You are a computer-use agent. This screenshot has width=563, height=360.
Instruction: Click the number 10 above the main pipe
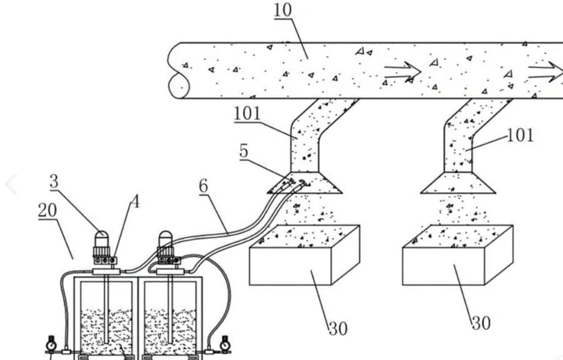tap(283, 10)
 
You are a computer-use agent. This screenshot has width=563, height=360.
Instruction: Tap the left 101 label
tap(247, 114)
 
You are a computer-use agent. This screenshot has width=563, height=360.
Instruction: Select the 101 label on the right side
tap(520, 135)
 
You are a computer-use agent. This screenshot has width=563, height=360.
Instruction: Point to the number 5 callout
tap(244, 151)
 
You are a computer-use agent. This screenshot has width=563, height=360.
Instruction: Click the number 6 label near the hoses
tap(203, 186)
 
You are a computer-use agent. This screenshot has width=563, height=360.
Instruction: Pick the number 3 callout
tap(54, 181)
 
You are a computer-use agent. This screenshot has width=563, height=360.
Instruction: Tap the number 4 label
tap(134, 202)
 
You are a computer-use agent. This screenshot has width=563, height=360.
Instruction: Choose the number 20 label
tap(48, 210)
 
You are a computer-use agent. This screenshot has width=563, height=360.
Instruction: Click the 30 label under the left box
tap(338, 329)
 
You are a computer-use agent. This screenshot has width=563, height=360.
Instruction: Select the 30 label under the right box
tap(481, 323)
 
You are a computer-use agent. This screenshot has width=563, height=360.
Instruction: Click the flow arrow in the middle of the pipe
tap(402, 71)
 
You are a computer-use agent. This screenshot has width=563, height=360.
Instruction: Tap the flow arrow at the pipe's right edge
tap(545, 71)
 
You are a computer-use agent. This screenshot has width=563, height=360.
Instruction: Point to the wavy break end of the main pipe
tap(175, 70)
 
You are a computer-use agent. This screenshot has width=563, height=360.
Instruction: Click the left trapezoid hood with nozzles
tap(305, 183)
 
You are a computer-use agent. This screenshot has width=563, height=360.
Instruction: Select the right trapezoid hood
tap(458, 183)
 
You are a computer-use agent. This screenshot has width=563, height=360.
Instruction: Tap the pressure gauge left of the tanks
tap(51, 344)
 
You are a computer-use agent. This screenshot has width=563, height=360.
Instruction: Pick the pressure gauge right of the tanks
tap(225, 344)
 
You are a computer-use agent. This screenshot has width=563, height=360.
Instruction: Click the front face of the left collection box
tap(290, 266)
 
